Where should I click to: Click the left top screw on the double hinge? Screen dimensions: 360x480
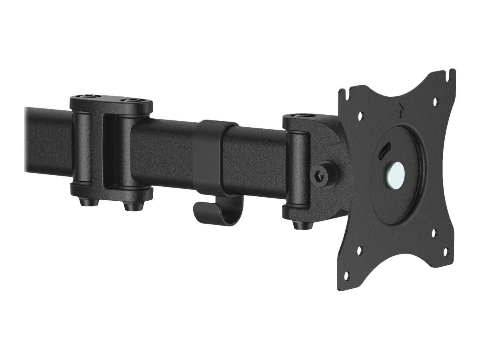[x=86, y=97]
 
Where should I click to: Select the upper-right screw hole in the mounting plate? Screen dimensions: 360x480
[x=435, y=102]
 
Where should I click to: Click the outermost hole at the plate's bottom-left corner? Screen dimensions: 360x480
[x=346, y=275]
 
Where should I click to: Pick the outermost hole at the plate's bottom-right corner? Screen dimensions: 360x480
[x=446, y=251]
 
